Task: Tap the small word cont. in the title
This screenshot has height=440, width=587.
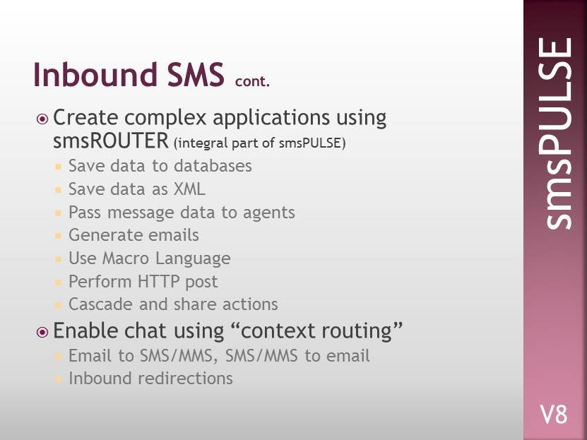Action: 253,81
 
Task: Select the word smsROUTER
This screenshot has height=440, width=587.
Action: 111,141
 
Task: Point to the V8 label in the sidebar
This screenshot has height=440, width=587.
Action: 554,415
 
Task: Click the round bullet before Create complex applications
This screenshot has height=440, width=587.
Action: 42,119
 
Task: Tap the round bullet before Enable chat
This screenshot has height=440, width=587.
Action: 42,332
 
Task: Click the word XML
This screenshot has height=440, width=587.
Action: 189,189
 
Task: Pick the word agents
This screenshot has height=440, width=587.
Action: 269,213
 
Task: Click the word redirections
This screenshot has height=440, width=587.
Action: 185,379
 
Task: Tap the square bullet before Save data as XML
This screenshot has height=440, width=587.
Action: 58,190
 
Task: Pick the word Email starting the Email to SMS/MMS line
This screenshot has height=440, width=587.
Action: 90,355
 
